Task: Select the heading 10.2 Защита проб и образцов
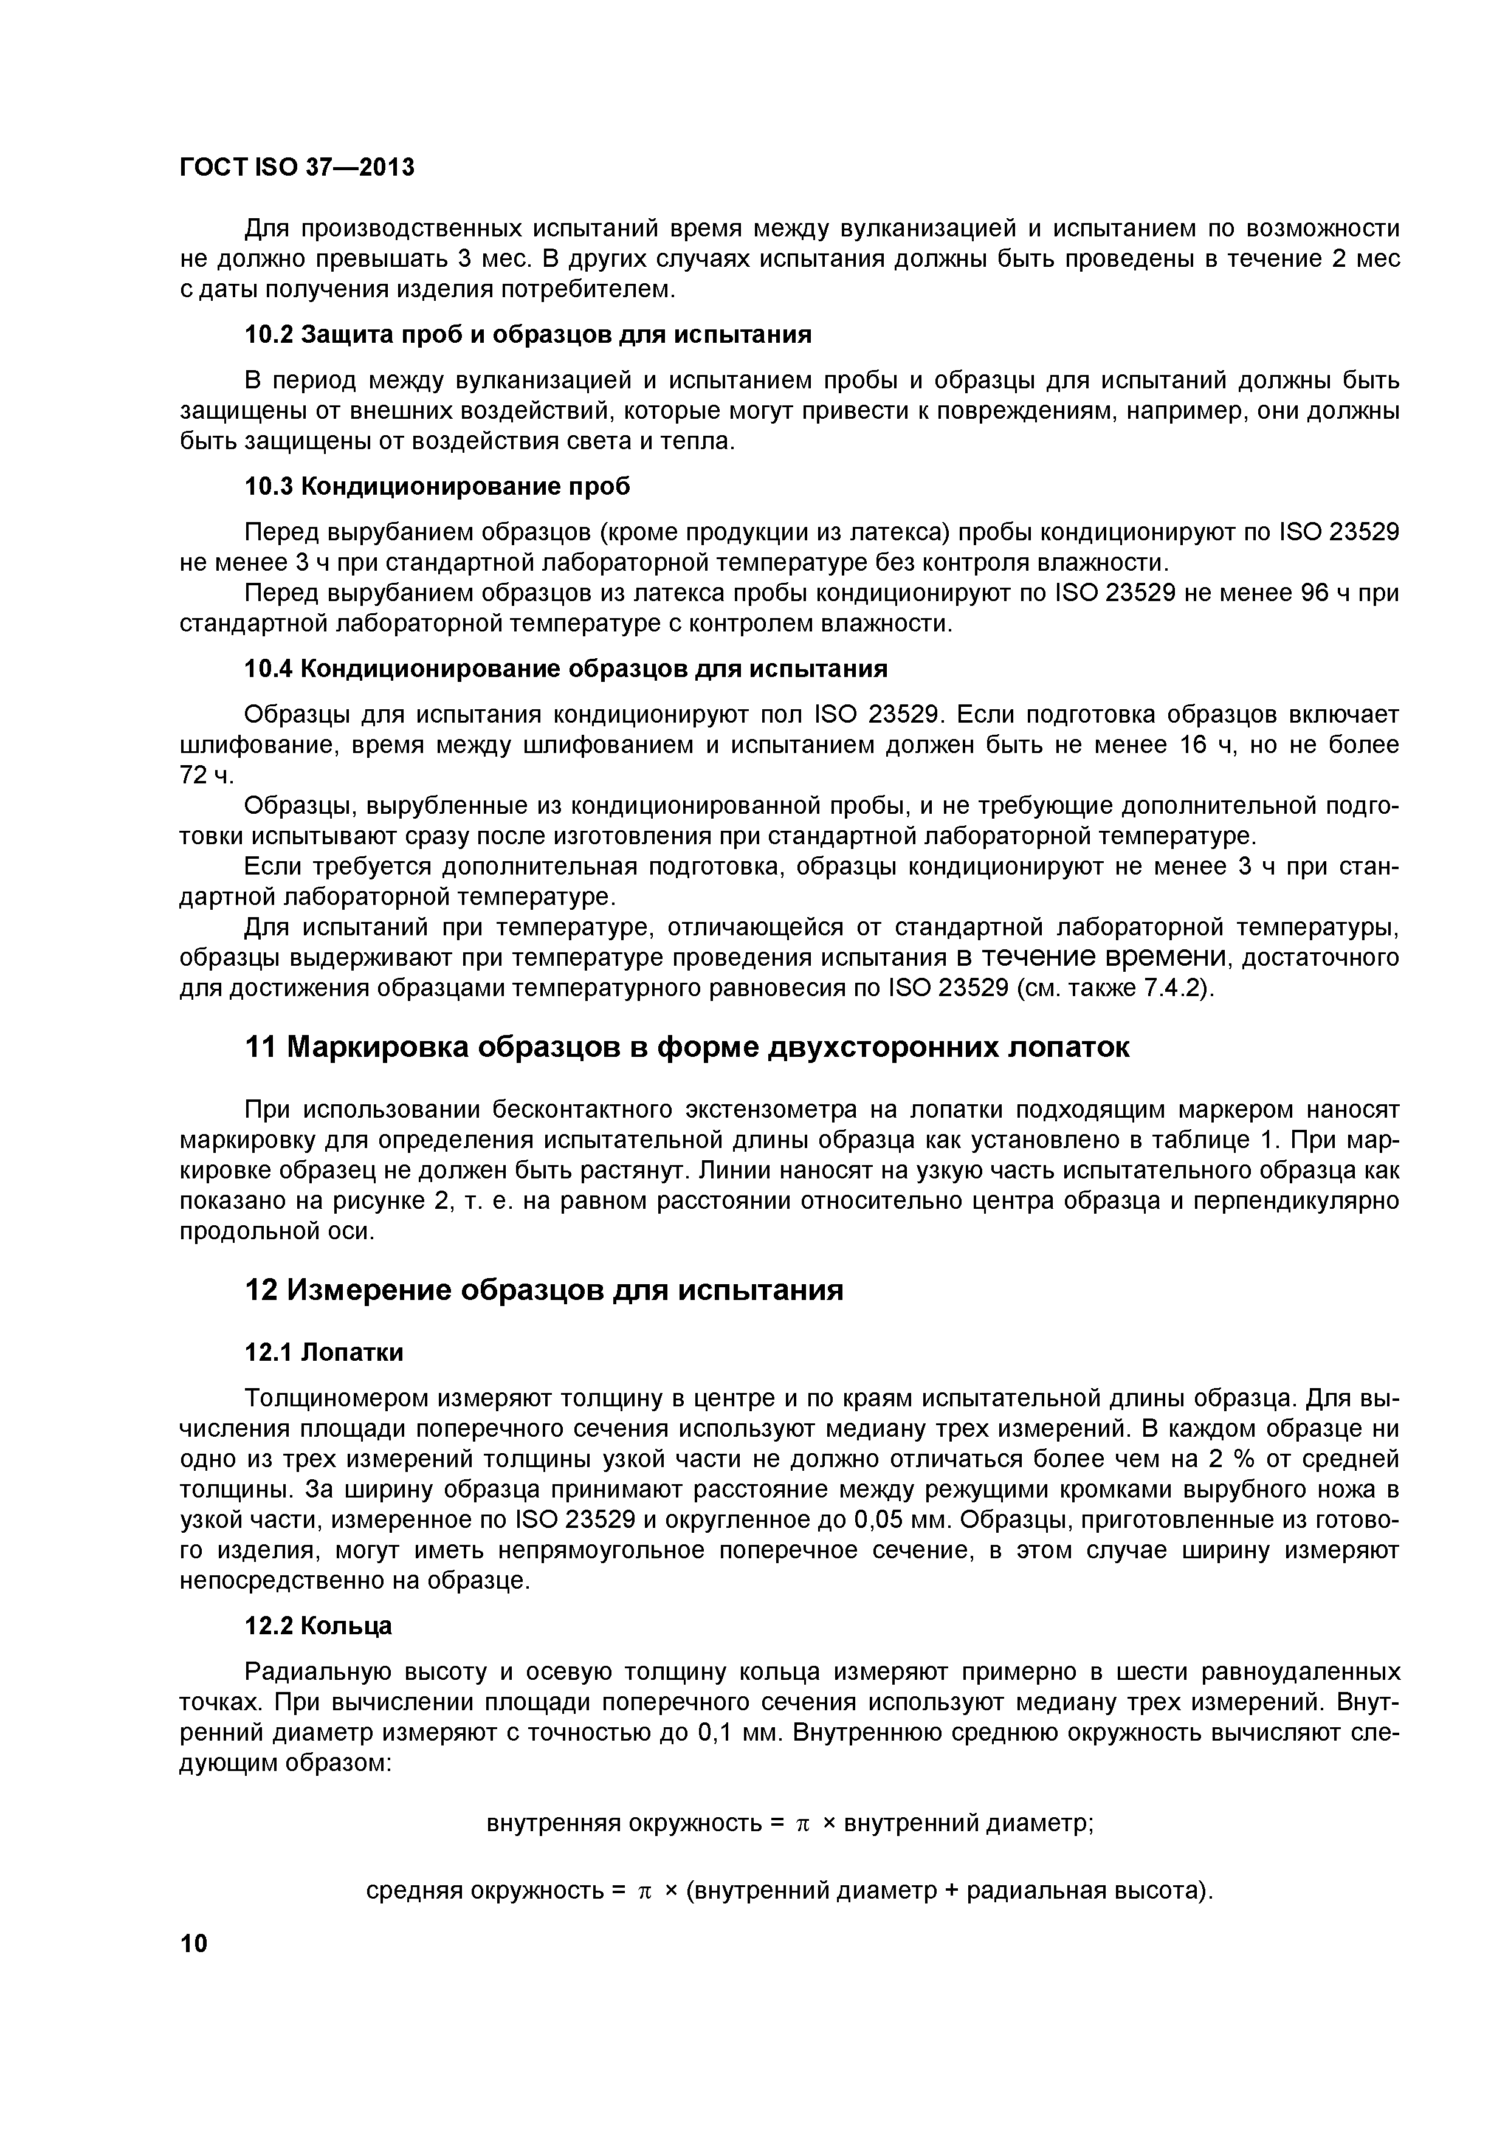(x=528, y=334)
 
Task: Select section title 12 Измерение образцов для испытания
(x=543, y=1291)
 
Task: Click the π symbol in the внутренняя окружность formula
(x=803, y=1824)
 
